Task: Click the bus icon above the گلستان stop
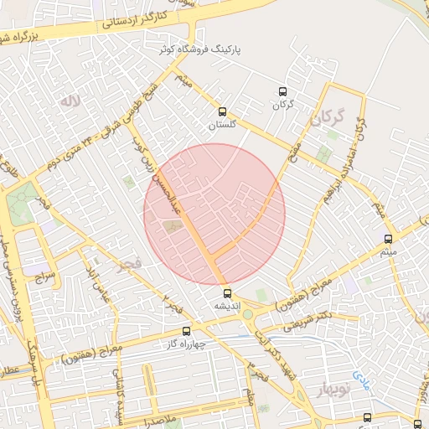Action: (x=222, y=111)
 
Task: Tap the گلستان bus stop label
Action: (x=222, y=124)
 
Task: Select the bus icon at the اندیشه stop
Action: (x=227, y=292)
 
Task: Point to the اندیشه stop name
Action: (x=227, y=306)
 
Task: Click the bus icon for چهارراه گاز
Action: (x=186, y=331)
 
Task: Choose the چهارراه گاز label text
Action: (x=186, y=344)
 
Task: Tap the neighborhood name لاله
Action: (x=69, y=101)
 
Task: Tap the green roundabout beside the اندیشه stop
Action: (x=247, y=315)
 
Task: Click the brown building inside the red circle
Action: (x=173, y=225)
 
